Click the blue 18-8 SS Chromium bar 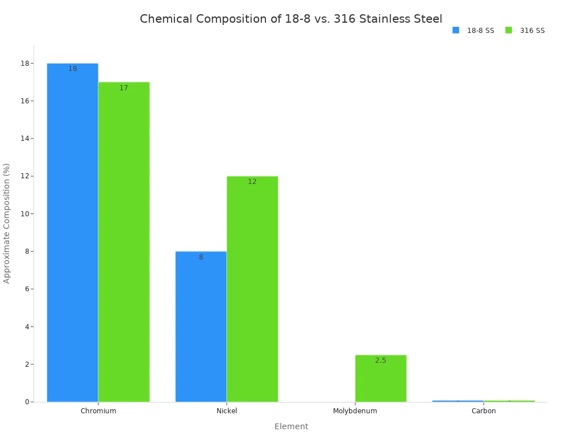(72, 233)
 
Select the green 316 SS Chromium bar (124, 242)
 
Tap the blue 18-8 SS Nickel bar (201, 326)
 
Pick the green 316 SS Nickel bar (252, 289)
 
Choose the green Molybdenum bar (381, 378)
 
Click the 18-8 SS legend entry (473, 31)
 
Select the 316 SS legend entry (526, 31)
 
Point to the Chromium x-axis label (98, 411)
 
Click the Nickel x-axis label (227, 411)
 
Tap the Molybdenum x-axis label (355, 411)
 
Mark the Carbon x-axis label (484, 411)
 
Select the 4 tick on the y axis (27, 327)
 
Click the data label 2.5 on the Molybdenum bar (381, 360)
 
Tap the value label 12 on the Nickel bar (252, 182)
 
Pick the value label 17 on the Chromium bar (124, 88)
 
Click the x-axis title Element (291, 426)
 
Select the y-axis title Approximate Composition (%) (7, 223)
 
